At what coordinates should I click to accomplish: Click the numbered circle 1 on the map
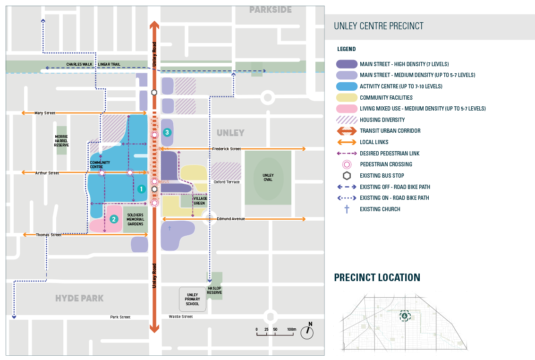[140, 189]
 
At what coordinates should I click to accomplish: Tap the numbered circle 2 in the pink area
[113, 219]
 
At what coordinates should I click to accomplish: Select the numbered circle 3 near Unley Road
[167, 133]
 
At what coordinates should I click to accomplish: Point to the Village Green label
[200, 201]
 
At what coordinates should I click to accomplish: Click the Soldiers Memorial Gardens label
[135, 219]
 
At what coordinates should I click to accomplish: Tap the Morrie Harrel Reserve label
[61, 140]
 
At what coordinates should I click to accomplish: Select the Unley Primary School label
[193, 299]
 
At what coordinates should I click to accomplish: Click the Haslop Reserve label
[214, 290]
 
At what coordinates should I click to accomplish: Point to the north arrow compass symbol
[307, 332]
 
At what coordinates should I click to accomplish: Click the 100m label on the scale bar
[291, 329]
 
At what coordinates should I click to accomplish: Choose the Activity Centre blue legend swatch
[347, 86]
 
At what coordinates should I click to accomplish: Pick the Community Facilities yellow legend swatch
[347, 98]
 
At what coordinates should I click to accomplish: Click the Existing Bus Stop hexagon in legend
[347, 176]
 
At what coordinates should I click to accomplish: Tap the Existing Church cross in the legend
[347, 209]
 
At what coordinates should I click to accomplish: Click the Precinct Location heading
[377, 278]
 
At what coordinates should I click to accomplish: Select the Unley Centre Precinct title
[379, 26]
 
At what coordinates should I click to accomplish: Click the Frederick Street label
[226, 149]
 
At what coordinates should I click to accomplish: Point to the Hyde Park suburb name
[79, 299]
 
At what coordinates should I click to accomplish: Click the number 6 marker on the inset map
[404, 316]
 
